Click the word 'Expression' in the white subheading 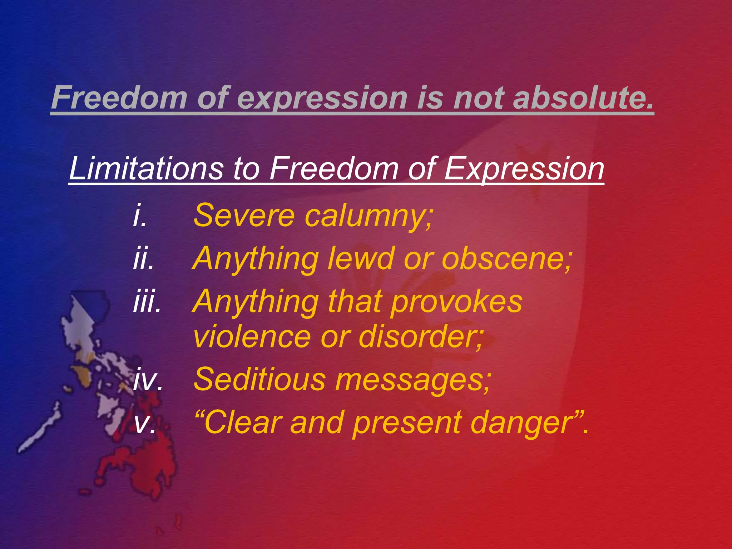pos(524,169)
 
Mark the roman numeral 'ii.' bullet pos(143,258)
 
